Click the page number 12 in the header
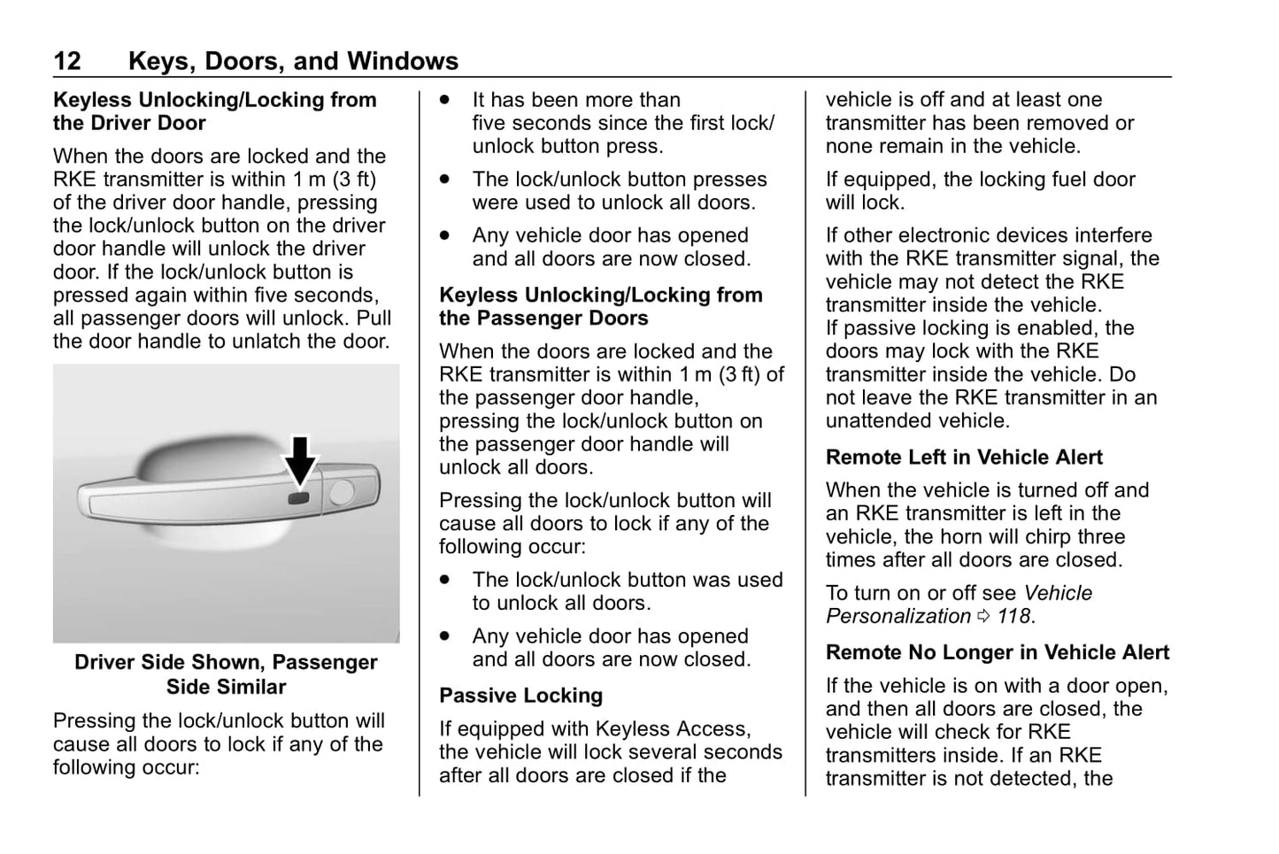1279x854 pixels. (x=67, y=61)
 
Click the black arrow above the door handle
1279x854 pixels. (x=301, y=459)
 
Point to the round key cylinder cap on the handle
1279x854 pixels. (x=341, y=493)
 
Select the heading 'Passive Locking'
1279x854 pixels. (x=520, y=696)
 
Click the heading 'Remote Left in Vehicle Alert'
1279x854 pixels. (x=964, y=458)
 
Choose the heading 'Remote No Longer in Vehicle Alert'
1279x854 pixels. (x=997, y=653)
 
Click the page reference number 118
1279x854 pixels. (x=1014, y=617)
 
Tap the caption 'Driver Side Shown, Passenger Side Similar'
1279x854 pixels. (x=226, y=674)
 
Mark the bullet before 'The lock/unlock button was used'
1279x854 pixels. (x=445, y=581)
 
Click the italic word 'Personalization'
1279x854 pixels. (x=898, y=617)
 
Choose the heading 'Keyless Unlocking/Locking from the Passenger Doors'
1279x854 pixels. (x=600, y=307)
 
